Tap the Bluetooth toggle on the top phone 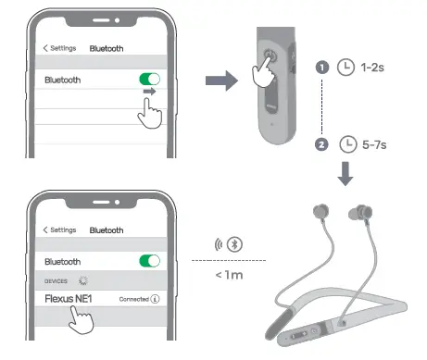148,81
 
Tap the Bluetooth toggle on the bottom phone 148,262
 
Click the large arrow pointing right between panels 221,81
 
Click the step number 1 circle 322,68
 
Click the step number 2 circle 322,143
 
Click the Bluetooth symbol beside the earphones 235,245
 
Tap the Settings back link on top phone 59,47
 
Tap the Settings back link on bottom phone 59,229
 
